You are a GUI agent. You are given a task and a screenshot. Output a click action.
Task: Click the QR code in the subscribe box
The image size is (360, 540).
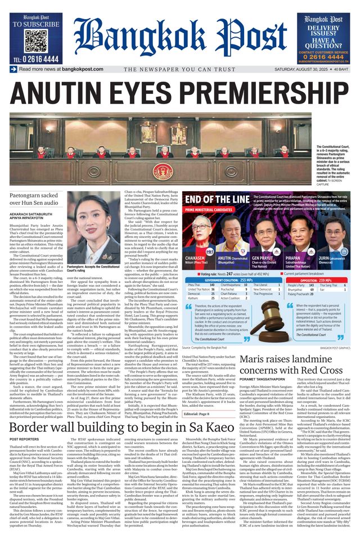pos(35,40)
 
